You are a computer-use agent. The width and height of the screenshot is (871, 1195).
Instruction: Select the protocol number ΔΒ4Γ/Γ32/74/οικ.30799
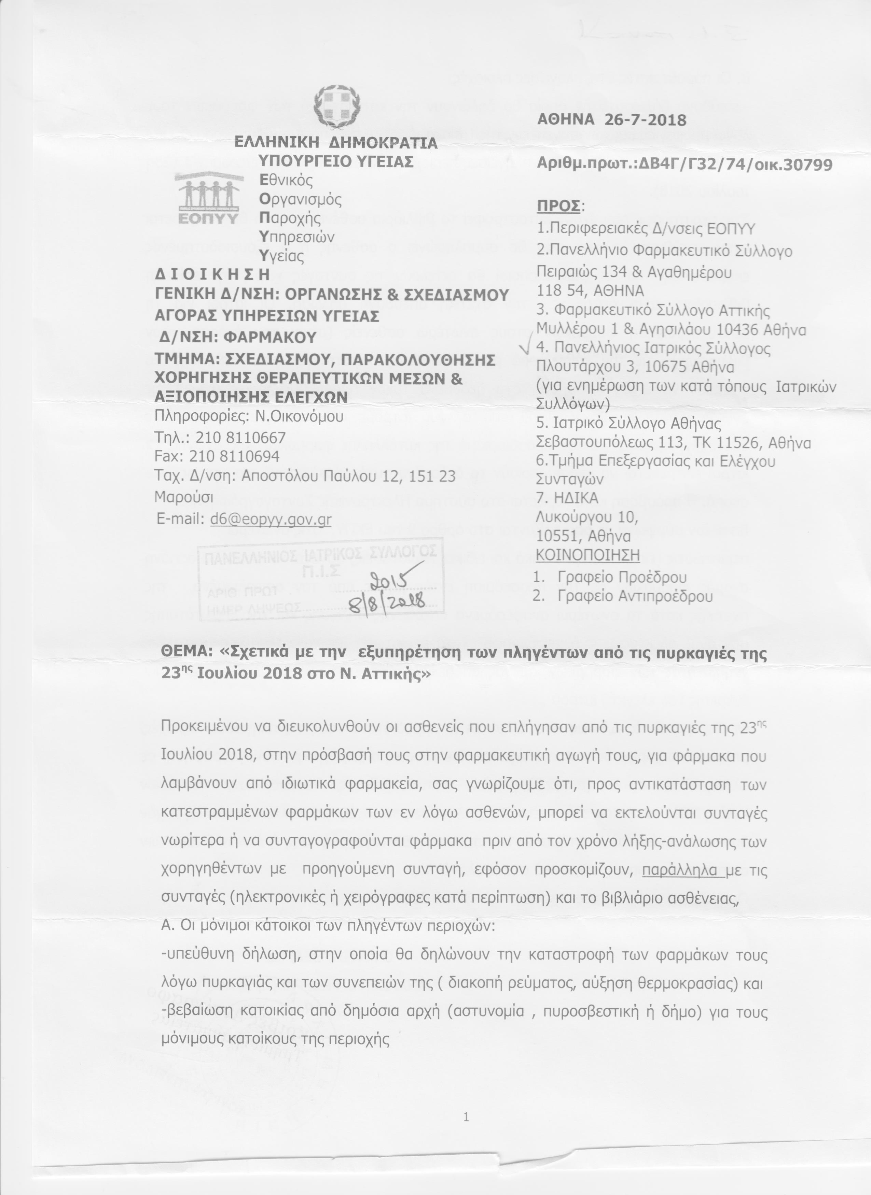click(735, 165)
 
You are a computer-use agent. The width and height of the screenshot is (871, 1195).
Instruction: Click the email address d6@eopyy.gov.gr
click(271, 520)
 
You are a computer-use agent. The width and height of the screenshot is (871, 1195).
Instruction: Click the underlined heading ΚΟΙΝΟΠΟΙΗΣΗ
click(587, 555)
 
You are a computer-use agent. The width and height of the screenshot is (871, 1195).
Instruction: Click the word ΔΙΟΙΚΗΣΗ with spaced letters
click(212, 274)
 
